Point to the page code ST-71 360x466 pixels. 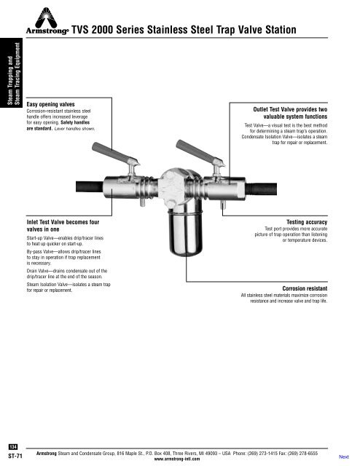point(13,454)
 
